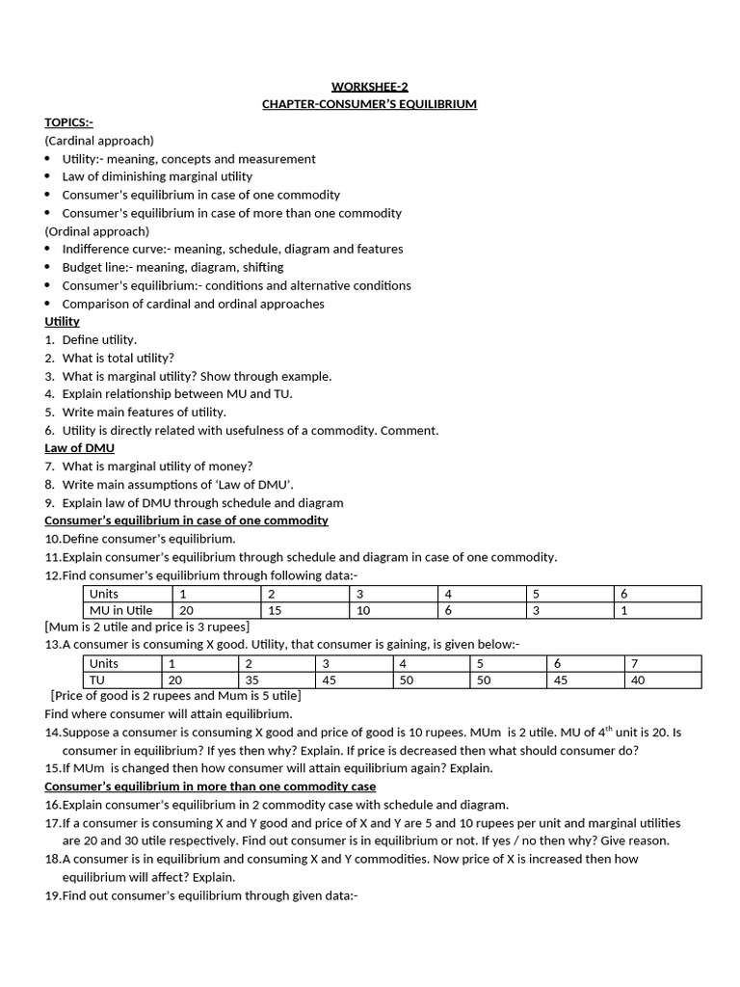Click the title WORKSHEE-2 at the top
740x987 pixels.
(x=369, y=86)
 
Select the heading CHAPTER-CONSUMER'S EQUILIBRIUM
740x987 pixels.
(x=369, y=104)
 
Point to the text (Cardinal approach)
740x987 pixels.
(x=99, y=141)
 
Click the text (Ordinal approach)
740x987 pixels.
(x=97, y=231)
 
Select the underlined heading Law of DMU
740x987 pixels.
(x=79, y=448)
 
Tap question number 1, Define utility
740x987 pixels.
(x=99, y=339)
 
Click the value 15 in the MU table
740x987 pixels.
(x=275, y=610)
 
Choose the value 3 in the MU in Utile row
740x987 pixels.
(x=539, y=610)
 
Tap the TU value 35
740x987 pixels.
(x=253, y=680)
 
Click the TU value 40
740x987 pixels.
(x=634, y=680)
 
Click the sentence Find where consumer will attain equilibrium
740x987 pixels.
(x=168, y=714)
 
